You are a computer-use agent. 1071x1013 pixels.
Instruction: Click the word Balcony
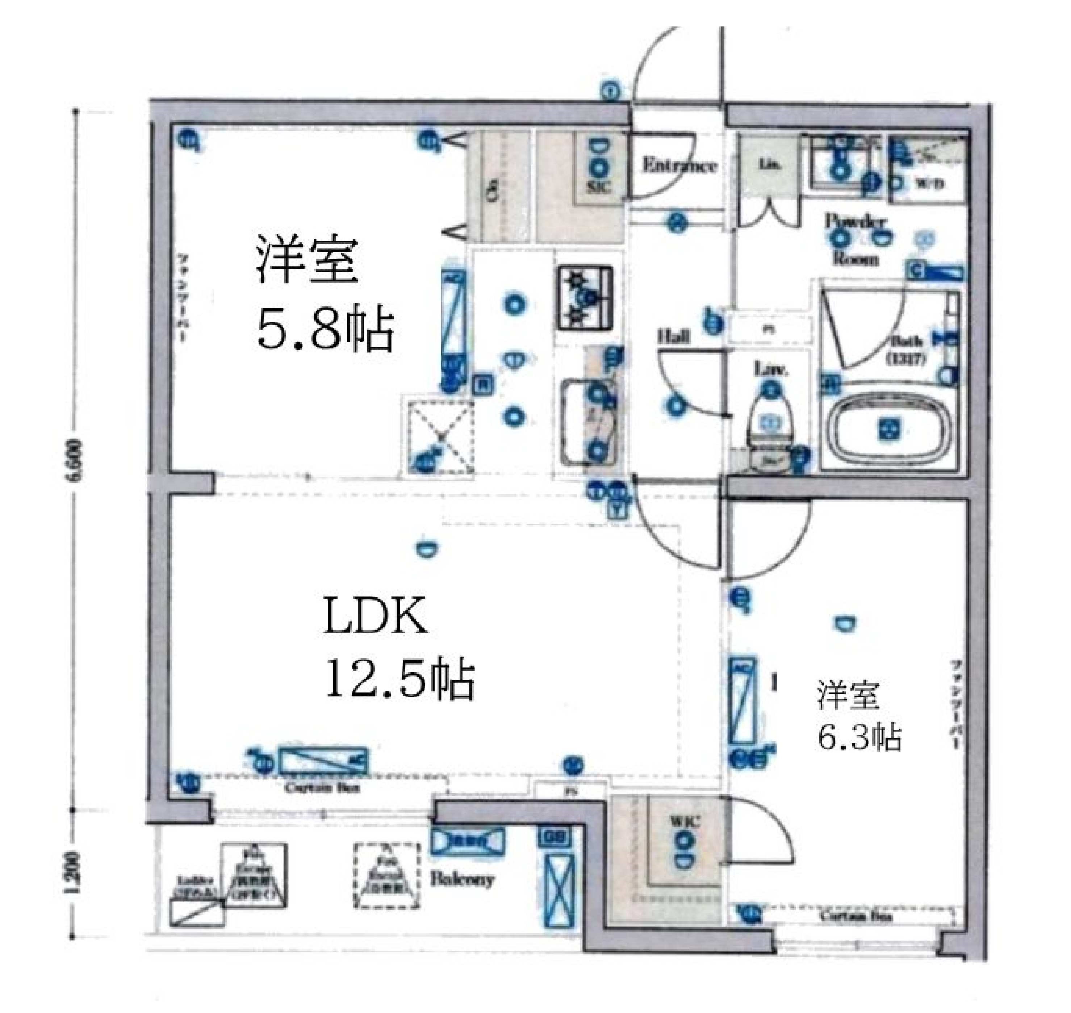(462, 879)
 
